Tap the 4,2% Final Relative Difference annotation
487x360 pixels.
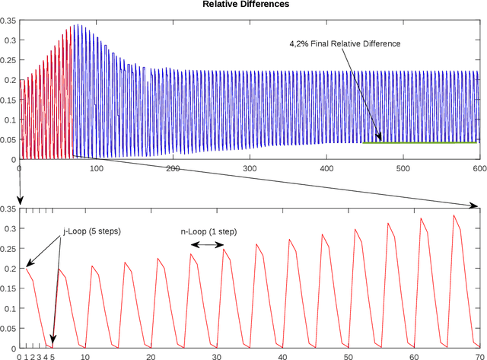344,44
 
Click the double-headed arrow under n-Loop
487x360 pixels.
208,245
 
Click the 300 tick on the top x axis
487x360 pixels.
250,167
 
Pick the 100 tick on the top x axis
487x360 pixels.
96,167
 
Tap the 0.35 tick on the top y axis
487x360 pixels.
8,21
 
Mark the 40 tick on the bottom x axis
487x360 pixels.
282,355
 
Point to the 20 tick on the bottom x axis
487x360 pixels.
151,355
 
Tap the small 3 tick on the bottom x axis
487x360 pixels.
39,355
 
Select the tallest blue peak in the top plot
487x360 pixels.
75,25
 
